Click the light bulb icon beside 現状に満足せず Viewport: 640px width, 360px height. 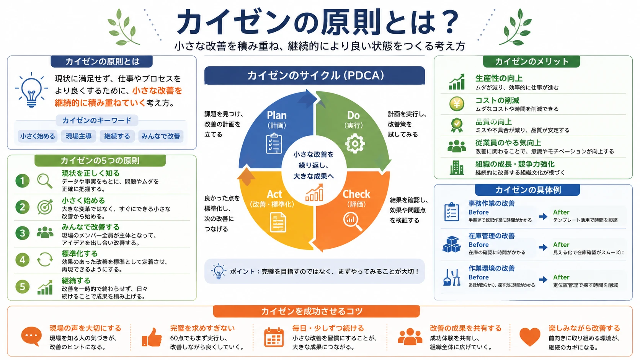tap(31, 90)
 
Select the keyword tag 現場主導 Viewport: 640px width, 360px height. tap(78, 136)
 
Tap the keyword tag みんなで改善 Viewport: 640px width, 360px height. tap(160, 136)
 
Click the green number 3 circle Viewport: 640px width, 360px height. tap(22, 233)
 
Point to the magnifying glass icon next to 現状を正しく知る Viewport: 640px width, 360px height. tap(45, 181)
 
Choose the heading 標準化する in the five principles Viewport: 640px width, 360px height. tap(80, 254)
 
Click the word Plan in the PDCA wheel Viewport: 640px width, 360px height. tap(277, 115)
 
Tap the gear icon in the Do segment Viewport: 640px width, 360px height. tap(354, 143)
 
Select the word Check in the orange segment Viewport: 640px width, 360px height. tap(356, 194)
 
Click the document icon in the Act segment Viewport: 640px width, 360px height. tap(278, 222)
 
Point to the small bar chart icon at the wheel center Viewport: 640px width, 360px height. tap(314, 193)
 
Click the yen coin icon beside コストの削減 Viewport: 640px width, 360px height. tap(457, 104)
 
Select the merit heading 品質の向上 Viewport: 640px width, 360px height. tap(493, 122)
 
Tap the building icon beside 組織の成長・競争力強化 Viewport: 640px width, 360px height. tap(457, 167)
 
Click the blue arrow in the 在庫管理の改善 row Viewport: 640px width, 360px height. tap(543, 247)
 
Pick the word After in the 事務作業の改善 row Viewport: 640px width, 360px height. tap(561, 212)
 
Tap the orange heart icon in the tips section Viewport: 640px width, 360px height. tap(530, 337)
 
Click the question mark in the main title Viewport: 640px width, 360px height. tap(449, 22)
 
